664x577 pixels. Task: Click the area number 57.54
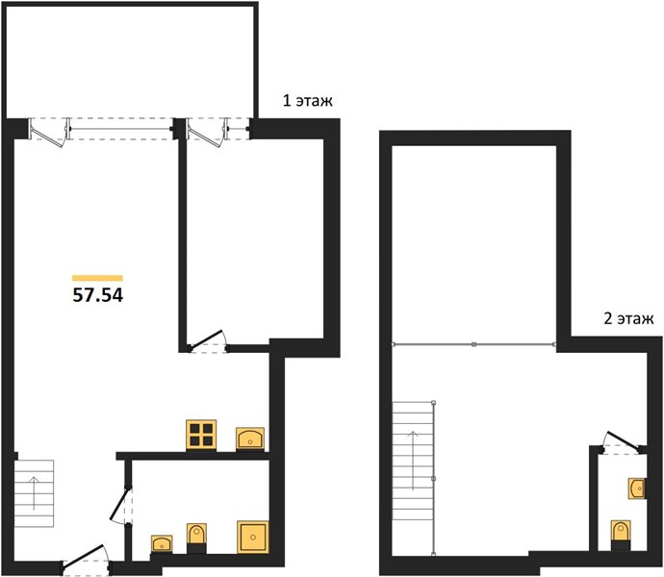(x=98, y=295)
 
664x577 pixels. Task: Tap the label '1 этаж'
(x=307, y=101)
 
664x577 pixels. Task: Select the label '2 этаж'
(x=628, y=318)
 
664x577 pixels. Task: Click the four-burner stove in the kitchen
(x=201, y=435)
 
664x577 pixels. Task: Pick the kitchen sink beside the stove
(x=250, y=439)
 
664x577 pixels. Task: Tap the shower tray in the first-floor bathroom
(x=253, y=537)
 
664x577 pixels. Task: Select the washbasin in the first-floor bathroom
(x=162, y=544)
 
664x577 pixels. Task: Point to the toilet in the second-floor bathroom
(x=621, y=535)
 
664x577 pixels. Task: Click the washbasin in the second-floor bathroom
(x=637, y=489)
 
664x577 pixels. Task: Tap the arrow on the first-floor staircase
(x=34, y=493)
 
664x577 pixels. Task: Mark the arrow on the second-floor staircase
(x=413, y=461)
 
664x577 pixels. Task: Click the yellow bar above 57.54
(x=98, y=278)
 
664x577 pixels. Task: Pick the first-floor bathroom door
(x=122, y=506)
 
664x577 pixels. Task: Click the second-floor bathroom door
(x=623, y=442)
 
